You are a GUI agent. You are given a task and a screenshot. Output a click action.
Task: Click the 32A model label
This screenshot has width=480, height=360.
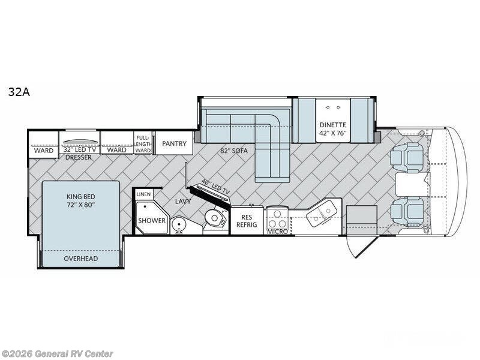coord(19,92)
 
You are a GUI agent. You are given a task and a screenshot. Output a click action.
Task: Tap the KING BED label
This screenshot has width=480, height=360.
coord(81,197)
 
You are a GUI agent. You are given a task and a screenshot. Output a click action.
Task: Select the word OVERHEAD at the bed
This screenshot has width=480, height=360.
coord(81,259)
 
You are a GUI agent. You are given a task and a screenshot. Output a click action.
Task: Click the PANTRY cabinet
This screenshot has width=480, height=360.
coord(174,143)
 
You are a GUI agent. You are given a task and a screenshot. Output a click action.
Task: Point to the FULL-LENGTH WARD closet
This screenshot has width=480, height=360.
coord(143,143)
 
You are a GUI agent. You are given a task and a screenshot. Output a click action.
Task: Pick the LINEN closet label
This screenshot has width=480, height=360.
coord(143,194)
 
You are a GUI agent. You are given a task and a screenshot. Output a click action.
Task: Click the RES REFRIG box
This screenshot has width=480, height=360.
coord(247,221)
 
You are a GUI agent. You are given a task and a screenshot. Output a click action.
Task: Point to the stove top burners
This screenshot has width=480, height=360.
coord(277,218)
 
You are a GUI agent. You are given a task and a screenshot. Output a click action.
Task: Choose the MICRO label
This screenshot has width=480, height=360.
coord(277,232)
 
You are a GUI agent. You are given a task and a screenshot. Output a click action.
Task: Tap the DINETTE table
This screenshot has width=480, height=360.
coord(333,121)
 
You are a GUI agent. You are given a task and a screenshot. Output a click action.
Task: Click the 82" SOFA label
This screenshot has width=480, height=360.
coord(234,151)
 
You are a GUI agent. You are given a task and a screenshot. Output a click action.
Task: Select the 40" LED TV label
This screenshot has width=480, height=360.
coord(215,187)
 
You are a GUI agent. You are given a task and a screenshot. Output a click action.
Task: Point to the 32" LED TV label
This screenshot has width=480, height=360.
coord(80,150)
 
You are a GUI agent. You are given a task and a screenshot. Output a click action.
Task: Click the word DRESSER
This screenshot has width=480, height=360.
coord(79,157)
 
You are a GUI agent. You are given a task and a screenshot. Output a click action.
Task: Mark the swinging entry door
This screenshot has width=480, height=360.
coord(361,246)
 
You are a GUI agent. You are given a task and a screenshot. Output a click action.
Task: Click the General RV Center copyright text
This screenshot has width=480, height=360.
coord(56,354)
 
